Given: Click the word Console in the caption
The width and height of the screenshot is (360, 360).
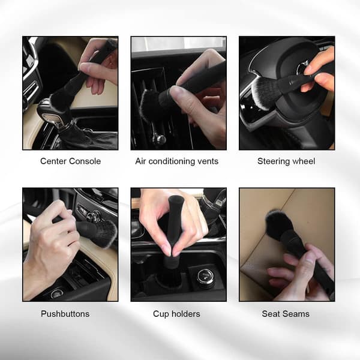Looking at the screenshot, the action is coord(85,161).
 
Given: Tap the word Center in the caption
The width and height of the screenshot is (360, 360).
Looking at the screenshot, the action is coord(54,161).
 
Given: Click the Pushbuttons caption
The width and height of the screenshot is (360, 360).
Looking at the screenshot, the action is coord(65,314).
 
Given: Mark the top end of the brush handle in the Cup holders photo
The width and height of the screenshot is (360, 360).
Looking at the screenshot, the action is coord(175,198).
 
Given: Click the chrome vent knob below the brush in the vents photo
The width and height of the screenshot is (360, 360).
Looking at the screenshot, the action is coord(160,139).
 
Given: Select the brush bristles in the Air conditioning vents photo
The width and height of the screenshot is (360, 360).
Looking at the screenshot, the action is coord(149,105).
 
